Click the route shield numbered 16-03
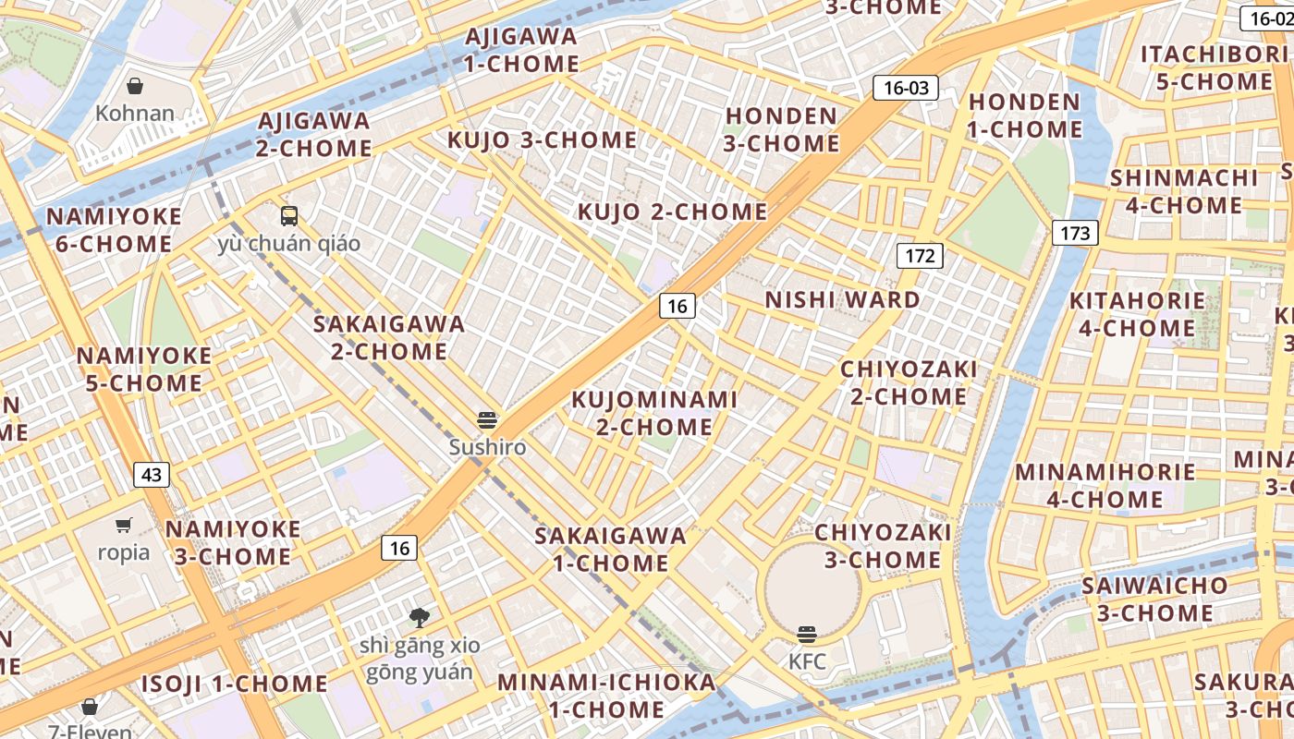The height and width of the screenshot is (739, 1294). point(905,88)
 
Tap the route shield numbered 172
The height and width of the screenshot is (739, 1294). point(920,255)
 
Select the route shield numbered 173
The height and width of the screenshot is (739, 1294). point(1075,233)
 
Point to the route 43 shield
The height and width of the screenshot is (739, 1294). point(152,475)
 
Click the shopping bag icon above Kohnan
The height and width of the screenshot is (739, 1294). point(135,86)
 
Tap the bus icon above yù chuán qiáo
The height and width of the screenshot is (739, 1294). point(289,216)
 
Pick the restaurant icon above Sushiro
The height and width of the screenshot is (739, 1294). point(487,420)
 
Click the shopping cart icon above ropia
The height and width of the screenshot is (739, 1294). point(124,526)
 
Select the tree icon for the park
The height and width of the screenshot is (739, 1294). point(420,617)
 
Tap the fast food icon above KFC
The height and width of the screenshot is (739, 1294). point(807,634)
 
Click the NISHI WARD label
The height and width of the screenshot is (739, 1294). point(842,299)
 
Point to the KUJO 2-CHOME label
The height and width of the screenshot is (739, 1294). point(672,212)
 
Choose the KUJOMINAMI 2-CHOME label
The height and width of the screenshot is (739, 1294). point(654,413)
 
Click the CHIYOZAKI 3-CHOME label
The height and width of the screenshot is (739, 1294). point(883,545)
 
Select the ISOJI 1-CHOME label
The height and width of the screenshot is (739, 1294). point(234,684)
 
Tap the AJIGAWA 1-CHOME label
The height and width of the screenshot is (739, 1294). point(521,50)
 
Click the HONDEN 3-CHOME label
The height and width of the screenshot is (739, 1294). point(782,129)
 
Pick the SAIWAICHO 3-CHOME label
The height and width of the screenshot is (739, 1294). point(1154,599)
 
